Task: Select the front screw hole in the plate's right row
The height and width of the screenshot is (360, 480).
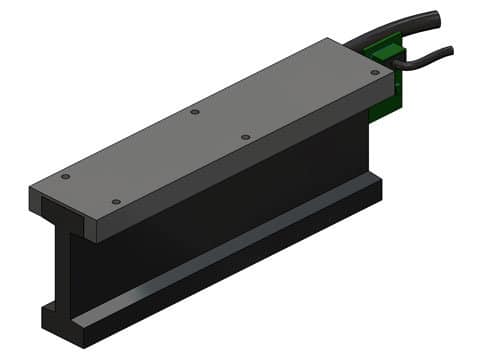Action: [116, 201]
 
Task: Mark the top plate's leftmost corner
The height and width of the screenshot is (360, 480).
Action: [31, 187]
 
